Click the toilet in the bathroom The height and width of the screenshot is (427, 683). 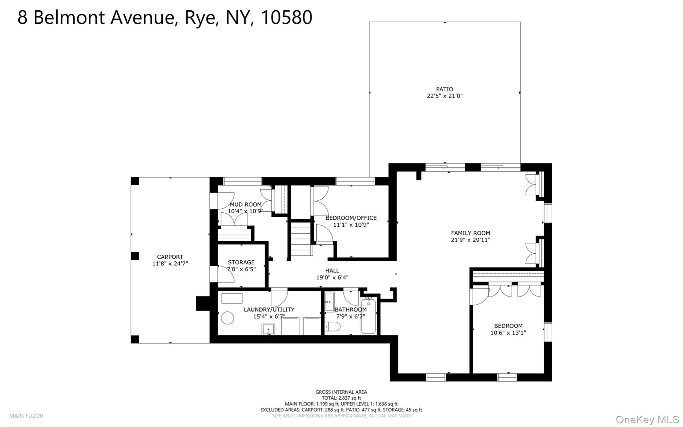click(332, 326)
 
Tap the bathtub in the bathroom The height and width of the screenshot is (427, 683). click(369, 315)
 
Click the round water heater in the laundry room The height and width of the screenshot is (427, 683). click(228, 317)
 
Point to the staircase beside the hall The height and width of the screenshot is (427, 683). click(300, 239)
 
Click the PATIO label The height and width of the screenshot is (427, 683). click(445, 89)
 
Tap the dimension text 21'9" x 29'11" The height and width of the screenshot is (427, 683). click(471, 240)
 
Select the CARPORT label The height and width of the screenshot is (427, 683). click(170, 257)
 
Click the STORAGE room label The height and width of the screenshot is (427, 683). click(241, 262)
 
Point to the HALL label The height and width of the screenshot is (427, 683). click(332, 271)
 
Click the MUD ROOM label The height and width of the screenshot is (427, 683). click(246, 205)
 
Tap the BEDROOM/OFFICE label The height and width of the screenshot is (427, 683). click(351, 218)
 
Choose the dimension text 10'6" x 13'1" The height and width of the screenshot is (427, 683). click(508, 333)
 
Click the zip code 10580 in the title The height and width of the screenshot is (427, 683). click(286, 17)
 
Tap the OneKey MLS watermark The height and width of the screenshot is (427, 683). click(647, 419)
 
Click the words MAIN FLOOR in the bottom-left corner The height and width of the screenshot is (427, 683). click(26, 416)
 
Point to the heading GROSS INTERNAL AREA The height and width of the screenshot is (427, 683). click(341, 392)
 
